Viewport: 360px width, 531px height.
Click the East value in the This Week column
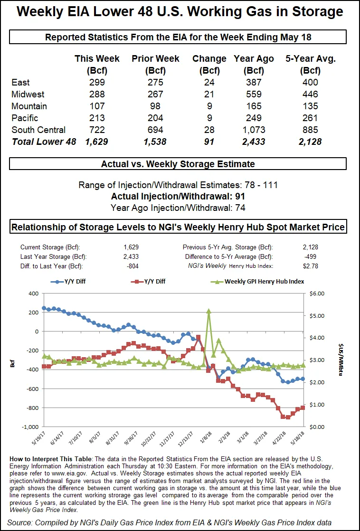(97, 83)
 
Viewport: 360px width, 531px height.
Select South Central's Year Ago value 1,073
(254, 130)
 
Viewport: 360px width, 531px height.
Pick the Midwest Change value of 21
(209, 95)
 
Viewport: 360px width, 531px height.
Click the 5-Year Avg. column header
(310, 59)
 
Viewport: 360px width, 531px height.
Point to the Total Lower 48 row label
(44, 142)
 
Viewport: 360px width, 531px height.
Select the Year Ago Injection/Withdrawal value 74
(240, 208)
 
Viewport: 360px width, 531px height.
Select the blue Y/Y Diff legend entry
(71, 281)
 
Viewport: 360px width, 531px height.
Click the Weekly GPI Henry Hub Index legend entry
(259, 281)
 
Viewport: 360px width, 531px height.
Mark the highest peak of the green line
(208, 311)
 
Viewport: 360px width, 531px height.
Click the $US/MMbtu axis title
(341, 360)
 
